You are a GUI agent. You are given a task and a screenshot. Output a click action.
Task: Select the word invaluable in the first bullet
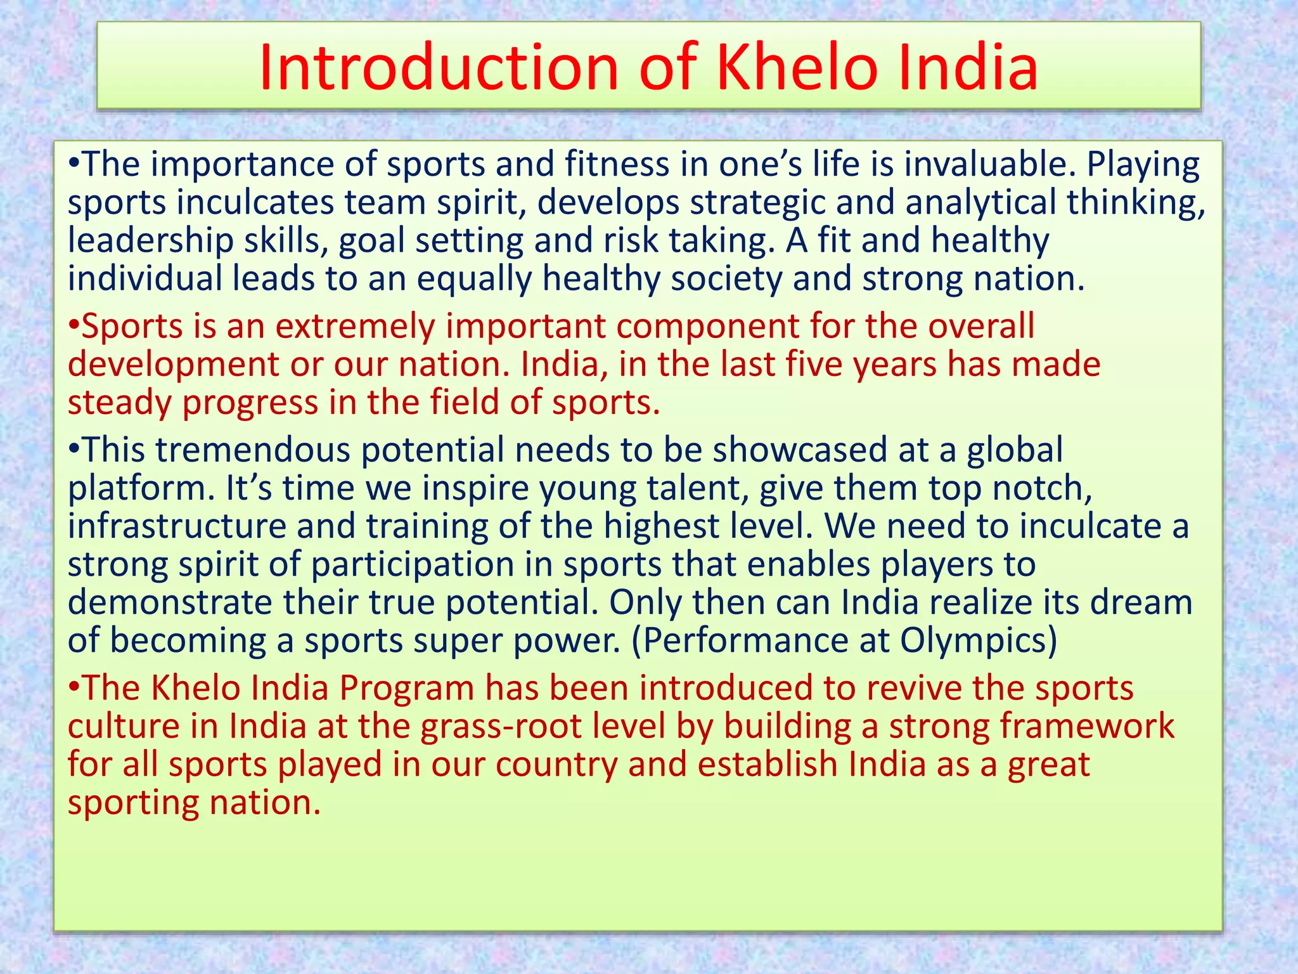[989, 164]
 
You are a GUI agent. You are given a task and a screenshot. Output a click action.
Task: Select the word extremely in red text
[355, 327]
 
